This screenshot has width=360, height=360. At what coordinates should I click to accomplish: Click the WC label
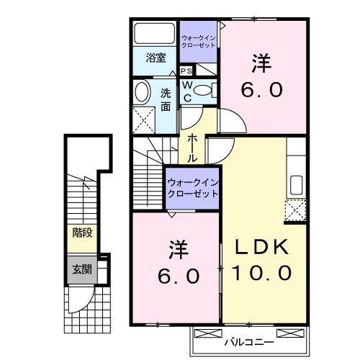click(186, 89)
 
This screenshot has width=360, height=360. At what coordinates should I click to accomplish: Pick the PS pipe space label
click(186, 71)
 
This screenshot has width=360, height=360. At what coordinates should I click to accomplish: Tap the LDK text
click(261, 246)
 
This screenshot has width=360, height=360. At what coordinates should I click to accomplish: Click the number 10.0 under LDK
click(261, 274)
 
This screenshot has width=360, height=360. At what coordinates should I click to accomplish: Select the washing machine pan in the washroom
click(147, 118)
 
